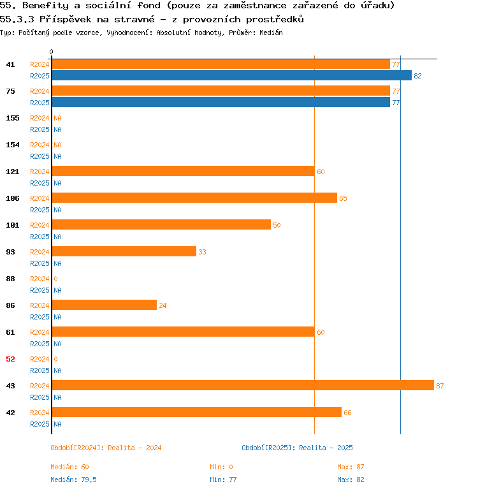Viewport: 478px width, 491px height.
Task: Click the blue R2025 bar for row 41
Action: (231, 76)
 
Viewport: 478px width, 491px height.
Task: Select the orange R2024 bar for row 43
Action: (242, 386)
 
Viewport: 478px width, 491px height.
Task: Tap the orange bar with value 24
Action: (104, 305)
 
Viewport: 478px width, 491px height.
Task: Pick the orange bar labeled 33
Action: (124, 252)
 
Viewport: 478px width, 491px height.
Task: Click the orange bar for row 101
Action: (161, 225)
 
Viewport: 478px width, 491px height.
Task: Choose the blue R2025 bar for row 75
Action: (221, 103)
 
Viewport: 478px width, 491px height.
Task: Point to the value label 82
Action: (417, 76)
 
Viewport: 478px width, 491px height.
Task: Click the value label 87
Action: (440, 386)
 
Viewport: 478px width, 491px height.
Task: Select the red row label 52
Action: (10, 359)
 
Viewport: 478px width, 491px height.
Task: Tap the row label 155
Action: (12, 118)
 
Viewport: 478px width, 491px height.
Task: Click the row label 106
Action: (12, 198)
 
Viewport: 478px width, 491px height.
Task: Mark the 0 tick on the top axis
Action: (52, 52)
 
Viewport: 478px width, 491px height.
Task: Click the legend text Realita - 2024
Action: (134, 448)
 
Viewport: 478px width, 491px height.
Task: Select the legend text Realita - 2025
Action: (326, 448)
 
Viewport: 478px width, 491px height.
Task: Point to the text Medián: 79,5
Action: (73, 480)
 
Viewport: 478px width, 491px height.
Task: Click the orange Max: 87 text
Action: (351, 467)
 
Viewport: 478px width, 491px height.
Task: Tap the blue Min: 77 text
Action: (223, 480)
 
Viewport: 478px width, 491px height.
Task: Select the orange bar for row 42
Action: (196, 413)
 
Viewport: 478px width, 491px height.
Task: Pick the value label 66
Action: (347, 413)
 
